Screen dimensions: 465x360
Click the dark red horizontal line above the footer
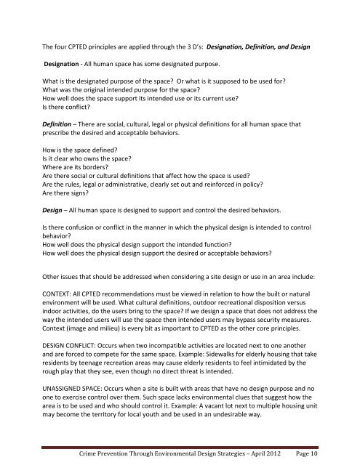click(180, 437)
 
